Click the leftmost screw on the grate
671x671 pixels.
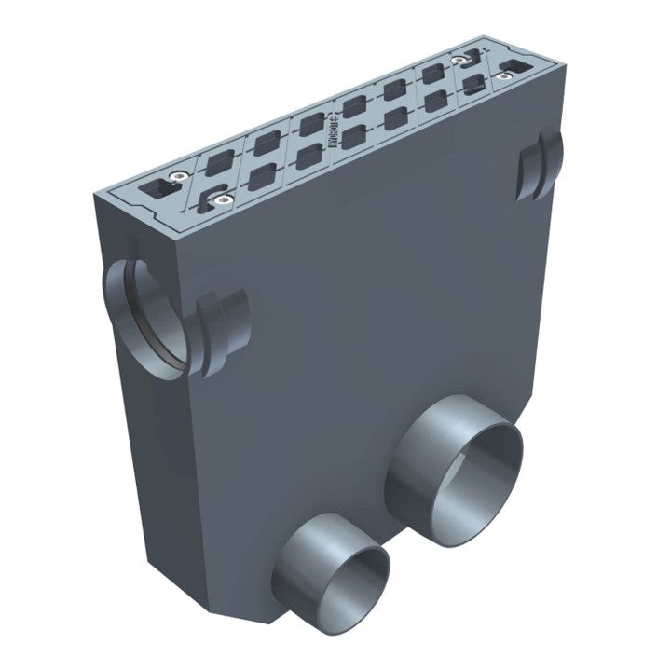(x=174, y=176)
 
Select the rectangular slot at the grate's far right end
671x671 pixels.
(x=514, y=67)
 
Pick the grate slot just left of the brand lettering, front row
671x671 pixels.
(x=308, y=157)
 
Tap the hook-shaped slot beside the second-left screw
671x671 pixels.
(x=207, y=199)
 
